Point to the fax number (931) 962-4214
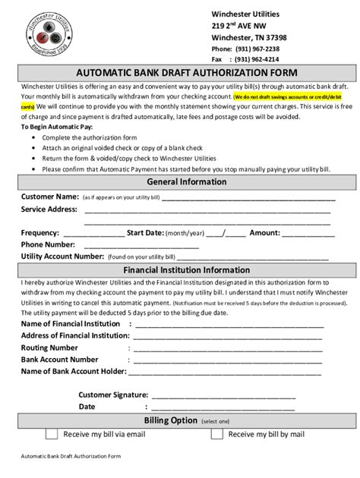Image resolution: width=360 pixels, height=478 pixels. tap(257, 58)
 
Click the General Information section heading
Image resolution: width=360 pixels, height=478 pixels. tap(180, 182)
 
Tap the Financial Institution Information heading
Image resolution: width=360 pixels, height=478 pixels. tap(180, 269)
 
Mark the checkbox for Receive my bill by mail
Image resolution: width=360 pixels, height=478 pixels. tap(216, 434)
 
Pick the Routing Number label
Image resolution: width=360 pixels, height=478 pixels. tap(49, 347)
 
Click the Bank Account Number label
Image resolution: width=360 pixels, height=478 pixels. tap(59, 359)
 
